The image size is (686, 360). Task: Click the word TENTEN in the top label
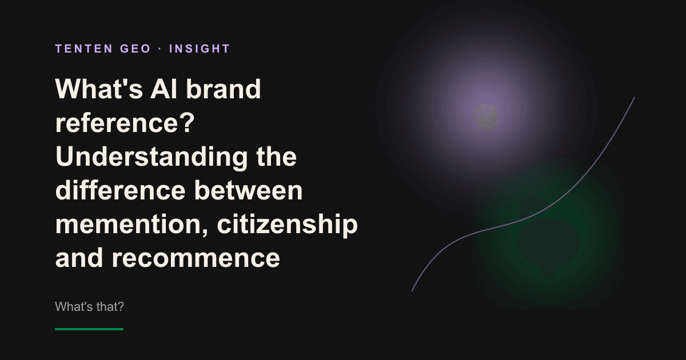tap(84, 49)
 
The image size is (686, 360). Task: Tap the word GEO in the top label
tap(135, 49)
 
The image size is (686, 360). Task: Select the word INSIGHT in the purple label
tap(200, 49)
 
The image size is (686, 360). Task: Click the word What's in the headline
tap(99, 89)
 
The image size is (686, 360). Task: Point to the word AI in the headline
tap(164, 89)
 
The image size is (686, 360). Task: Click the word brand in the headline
tap(224, 89)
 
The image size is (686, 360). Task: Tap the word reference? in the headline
tap(125, 123)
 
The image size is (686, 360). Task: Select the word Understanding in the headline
tap(151, 157)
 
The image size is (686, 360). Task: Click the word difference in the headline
tap(121, 190)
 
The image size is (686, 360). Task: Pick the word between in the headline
tap(248, 190)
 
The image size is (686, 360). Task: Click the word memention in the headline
tap(132, 225)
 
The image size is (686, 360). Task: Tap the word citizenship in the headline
tap(287, 225)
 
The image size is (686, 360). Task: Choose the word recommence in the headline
tap(196, 258)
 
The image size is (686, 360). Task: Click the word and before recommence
tap(79, 257)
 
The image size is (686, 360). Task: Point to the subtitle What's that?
tap(89, 307)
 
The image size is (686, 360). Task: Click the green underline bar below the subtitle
tap(89, 329)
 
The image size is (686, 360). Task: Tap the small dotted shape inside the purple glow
tap(486, 119)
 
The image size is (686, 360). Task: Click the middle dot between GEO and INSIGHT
tap(160, 49)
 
